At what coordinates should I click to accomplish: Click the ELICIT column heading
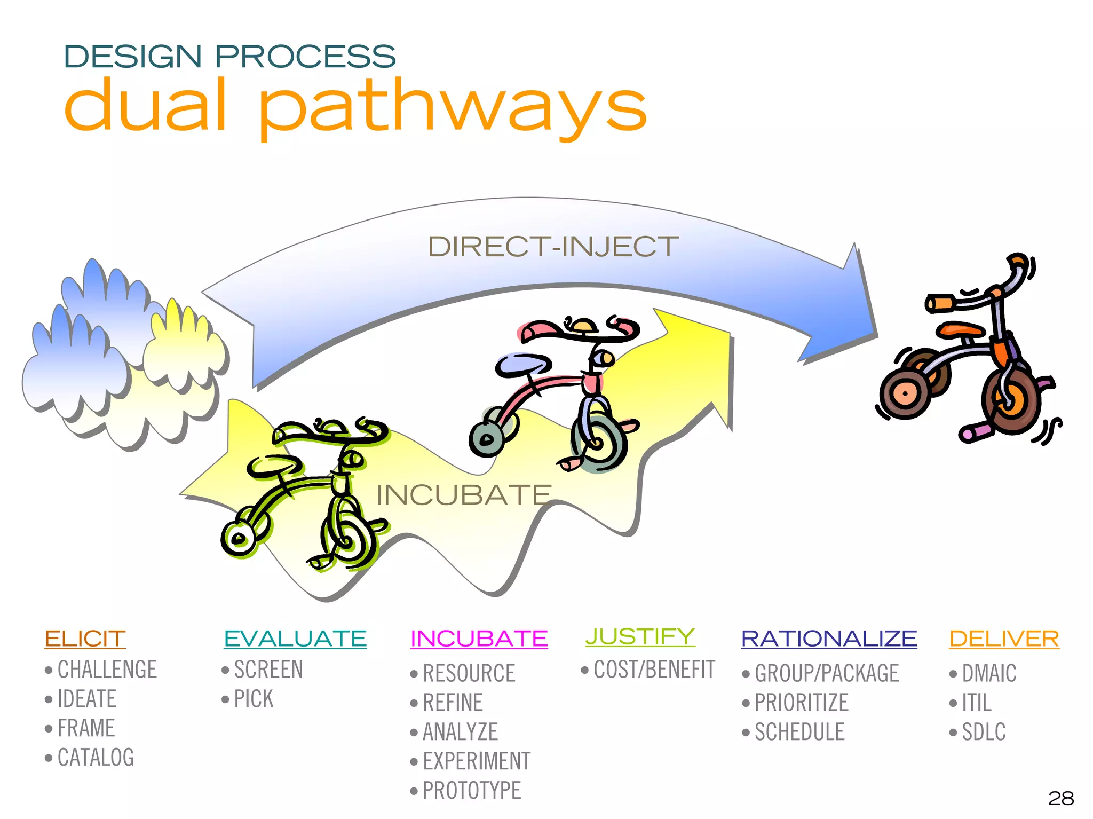[x=85, y=639]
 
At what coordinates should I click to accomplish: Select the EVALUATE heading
[x=295, y=639]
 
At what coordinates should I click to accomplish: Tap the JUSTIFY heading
[x=640, y=636]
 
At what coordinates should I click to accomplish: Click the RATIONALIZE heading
[x=828, y=639]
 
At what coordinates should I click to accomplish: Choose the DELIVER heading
[x=1004, y=639]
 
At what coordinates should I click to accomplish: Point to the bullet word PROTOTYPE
[x=471, y=791]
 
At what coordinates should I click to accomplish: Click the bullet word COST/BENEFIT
[x=654, y=670]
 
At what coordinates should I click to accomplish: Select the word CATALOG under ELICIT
[x=96, y=758]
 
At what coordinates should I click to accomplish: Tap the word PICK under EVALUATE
[x=254, y=699]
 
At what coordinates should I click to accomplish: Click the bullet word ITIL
[x=976, y=703]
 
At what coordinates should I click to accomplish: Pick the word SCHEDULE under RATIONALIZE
[x=799, y=732]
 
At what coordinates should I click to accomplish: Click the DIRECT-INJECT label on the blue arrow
[x=553, y=247]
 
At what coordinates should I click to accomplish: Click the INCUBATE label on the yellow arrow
[x=463, y=495]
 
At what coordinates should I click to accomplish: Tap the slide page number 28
[x=1060, y=798]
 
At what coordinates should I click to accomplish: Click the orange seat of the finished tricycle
[x=961, y=329]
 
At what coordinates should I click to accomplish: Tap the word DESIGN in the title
[x=132, y=57]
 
